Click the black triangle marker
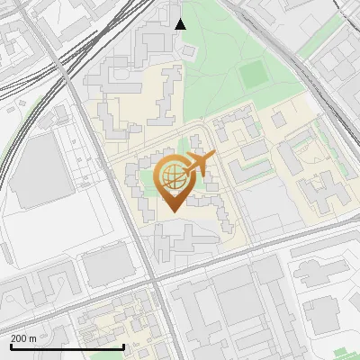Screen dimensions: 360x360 click(180, 24)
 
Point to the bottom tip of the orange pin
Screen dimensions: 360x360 click(171, 211)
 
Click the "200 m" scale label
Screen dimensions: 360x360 click(23, 337)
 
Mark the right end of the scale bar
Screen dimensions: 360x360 click(123, 346)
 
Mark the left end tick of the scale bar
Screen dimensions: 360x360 click(10, 346)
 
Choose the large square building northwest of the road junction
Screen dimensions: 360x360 click(108, 265)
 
